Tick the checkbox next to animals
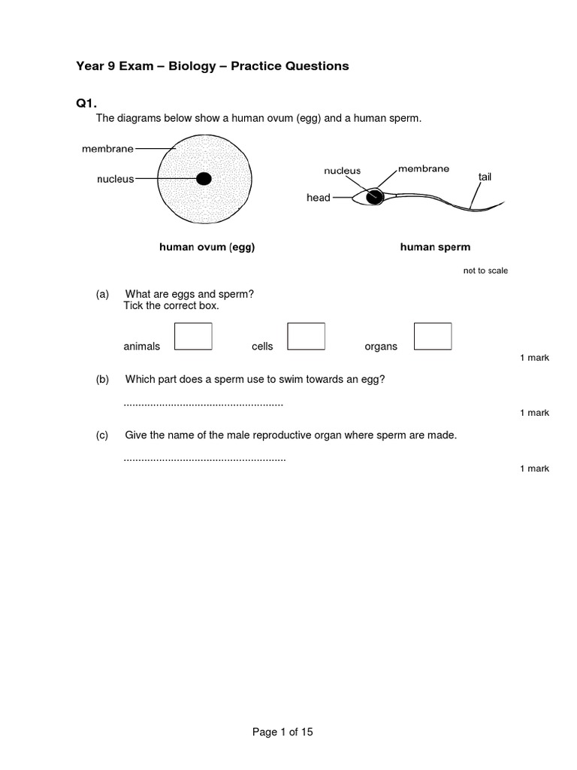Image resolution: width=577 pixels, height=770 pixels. (193, 336)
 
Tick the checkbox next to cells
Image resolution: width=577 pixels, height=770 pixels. (307, 336)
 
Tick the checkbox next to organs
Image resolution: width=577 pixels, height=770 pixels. (433, 336)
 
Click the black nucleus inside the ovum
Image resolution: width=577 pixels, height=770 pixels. (203, 179)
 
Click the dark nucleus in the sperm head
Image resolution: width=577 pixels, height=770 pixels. (374, 197)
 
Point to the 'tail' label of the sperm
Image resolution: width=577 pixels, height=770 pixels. (485, 177)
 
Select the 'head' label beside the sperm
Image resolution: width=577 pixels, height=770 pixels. (318, 198)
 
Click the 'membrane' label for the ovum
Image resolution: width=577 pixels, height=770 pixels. (107, 149)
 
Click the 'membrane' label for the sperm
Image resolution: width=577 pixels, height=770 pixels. (424, 168)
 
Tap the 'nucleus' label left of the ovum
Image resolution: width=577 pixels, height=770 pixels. (115, 179)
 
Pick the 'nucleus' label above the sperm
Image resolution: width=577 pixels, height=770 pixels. (343, 171)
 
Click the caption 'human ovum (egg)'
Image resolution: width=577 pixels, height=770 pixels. (207, 247)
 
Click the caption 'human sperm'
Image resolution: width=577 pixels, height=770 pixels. (435, 247)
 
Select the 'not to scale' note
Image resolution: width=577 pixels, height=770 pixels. (485, 271)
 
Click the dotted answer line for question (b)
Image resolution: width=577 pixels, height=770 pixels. (203, 405)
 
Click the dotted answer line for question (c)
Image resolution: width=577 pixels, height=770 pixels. (204, 459)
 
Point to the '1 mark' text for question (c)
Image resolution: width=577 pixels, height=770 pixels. (534, 468)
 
